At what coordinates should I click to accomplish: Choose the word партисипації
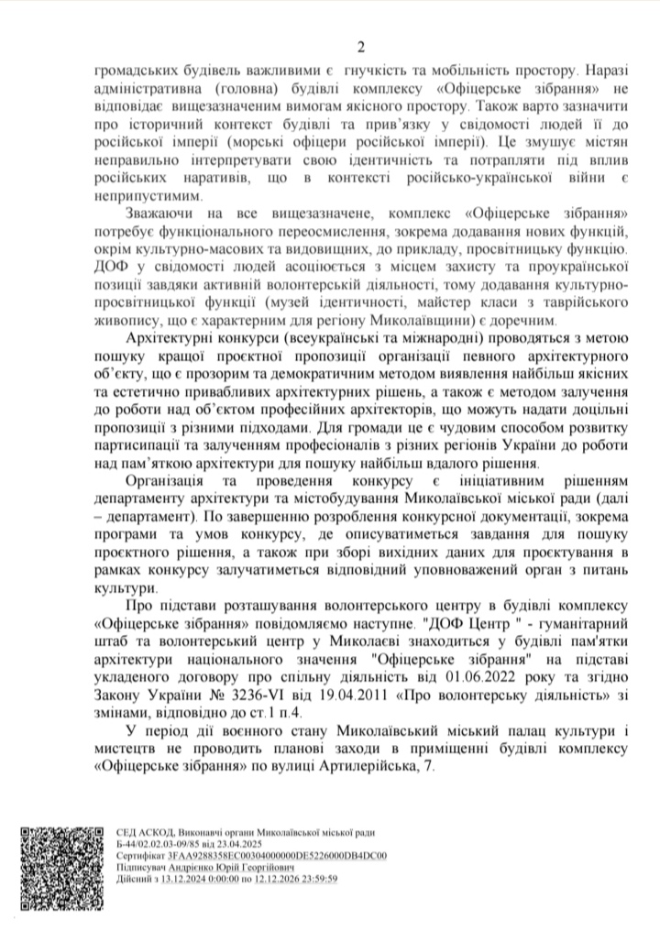pos(140,440)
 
